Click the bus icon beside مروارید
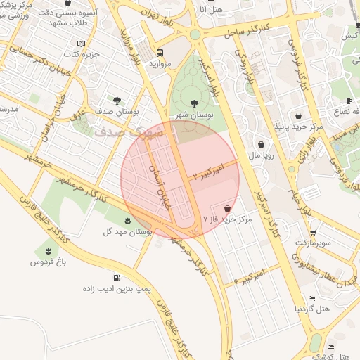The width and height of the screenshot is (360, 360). pyautogui.click(x=161, y=53)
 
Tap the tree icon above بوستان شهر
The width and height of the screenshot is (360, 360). pyautogui.click(x=194, y=103)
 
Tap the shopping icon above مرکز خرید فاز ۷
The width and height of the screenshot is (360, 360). pyautogui.click(x=227, y=209)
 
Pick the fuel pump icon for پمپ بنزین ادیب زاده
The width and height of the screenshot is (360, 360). pyautogui.click(x=116, y=278)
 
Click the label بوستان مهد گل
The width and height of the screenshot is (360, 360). pyautogui.click(x=128, y=231)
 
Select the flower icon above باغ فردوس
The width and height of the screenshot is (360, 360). pyautogui.click(x=48, y=251)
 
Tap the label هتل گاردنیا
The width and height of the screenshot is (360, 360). pyautogui.click(x=312, y=308)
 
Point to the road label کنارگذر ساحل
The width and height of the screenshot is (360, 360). pyautogui.click(x=250, y=29)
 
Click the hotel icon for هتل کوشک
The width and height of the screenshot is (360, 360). pyautogui.click(x=331, y=347)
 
